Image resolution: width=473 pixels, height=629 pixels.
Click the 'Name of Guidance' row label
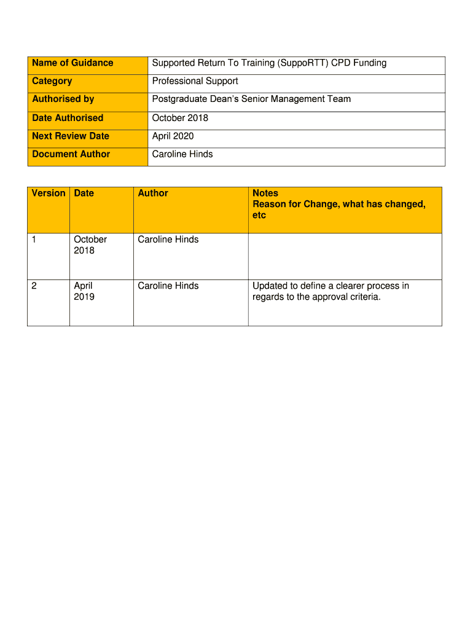point(72,63)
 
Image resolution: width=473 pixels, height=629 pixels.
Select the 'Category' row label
point(52,81)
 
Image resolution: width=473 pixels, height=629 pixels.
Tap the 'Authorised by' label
point(63,99)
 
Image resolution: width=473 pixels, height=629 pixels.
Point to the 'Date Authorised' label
point(68,118)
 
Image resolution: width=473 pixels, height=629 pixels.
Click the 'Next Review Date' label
point(71,136)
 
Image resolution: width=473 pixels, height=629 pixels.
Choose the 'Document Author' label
point(71,154)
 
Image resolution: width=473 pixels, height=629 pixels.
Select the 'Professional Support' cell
point(195,81)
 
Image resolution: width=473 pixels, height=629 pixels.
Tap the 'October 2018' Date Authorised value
point(180,118)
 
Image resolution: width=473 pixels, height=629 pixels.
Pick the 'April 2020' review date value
point(173,136)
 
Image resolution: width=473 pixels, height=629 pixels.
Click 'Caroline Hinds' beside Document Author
point(182,154)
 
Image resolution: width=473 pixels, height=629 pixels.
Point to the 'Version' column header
point(49,193)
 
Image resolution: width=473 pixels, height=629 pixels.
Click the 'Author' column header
point(153,193)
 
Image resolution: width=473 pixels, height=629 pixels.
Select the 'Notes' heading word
point(265,193)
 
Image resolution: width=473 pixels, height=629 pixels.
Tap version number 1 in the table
point(34,240)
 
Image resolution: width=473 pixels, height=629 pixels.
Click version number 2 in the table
point(34,286)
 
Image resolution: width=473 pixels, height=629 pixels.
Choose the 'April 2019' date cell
point(84,291)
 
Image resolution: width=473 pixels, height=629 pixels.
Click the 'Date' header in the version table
point(84,193)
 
